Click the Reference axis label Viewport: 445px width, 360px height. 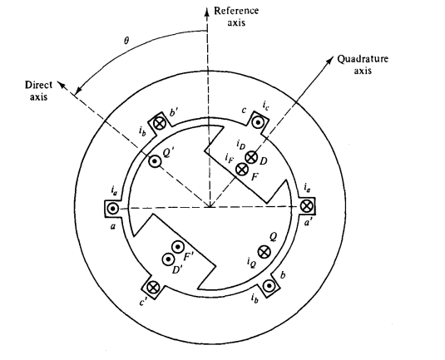[236, 17]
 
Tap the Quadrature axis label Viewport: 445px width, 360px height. [363, 64]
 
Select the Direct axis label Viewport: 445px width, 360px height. [39, 91]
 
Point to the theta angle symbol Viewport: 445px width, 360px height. [126, 41]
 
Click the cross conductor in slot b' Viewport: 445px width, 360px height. [159, 123]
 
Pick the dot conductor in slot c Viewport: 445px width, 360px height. [258, 122]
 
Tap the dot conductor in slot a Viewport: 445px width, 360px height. [112, 209]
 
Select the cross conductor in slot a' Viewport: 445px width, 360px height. [306, 205]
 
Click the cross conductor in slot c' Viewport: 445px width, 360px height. [153, 287]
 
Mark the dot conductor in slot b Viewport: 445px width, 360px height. [269, 286]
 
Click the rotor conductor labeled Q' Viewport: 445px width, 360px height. [155, 161]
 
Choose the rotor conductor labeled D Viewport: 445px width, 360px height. [251, 157]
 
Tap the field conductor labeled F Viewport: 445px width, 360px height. [242, 170]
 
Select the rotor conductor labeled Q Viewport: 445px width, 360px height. [264, 252]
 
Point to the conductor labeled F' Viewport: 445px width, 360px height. [178, 248]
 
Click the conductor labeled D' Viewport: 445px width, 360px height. [168, 259]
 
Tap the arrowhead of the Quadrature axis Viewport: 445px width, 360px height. [330, 60]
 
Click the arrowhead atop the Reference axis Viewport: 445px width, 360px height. [207, 12]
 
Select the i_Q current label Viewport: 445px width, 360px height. [251, 264]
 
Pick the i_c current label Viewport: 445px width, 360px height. [265, 106]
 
